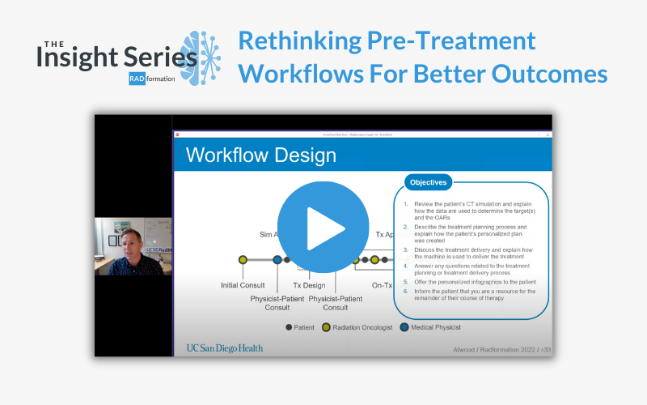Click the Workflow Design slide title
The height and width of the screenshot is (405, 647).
tap(249, 155)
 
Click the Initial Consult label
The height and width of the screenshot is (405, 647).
tap(242, 285)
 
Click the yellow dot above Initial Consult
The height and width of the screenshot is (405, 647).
tap(243, 260)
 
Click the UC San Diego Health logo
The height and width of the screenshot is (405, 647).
tap(224, 347)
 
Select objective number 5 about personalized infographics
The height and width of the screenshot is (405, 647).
tap(467, 281)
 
